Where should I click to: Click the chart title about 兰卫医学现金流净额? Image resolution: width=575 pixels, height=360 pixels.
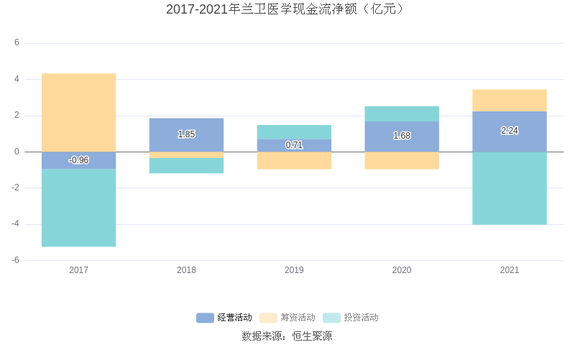coord(287,9)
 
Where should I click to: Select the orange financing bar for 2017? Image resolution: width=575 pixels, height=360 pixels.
coord(78,112)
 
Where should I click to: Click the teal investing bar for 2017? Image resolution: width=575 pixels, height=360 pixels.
coord(78,208)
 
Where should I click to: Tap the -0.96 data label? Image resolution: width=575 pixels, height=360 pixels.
coord(78,160)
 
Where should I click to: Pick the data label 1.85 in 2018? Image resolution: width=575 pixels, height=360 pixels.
coord(186,134)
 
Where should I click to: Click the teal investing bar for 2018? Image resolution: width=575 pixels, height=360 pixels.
coord(186,165)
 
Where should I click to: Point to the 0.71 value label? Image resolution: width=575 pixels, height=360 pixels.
coord(294,145)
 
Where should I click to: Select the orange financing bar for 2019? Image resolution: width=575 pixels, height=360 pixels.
coord(294,160)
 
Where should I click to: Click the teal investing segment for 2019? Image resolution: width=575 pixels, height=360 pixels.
coord(294,132)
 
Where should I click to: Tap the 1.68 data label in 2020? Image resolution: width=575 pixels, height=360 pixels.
coord(402,136)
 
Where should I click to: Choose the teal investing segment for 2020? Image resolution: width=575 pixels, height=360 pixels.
coord(402,114)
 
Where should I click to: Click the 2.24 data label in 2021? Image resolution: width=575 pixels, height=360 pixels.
coord(510,131)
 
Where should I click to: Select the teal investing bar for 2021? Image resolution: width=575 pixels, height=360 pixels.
coord(510,188)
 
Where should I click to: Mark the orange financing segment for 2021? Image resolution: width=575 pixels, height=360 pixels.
coord(510,101)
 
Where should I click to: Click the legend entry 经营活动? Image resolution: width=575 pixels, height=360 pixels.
coord(224,318)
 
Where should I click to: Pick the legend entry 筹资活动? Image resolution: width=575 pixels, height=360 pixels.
coord(287,318)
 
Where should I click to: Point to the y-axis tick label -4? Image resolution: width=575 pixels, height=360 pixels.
coord(15,224)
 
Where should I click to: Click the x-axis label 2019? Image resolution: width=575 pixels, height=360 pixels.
coord(294,270)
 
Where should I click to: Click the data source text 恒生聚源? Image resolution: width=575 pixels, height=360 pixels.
coord(311,336)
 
